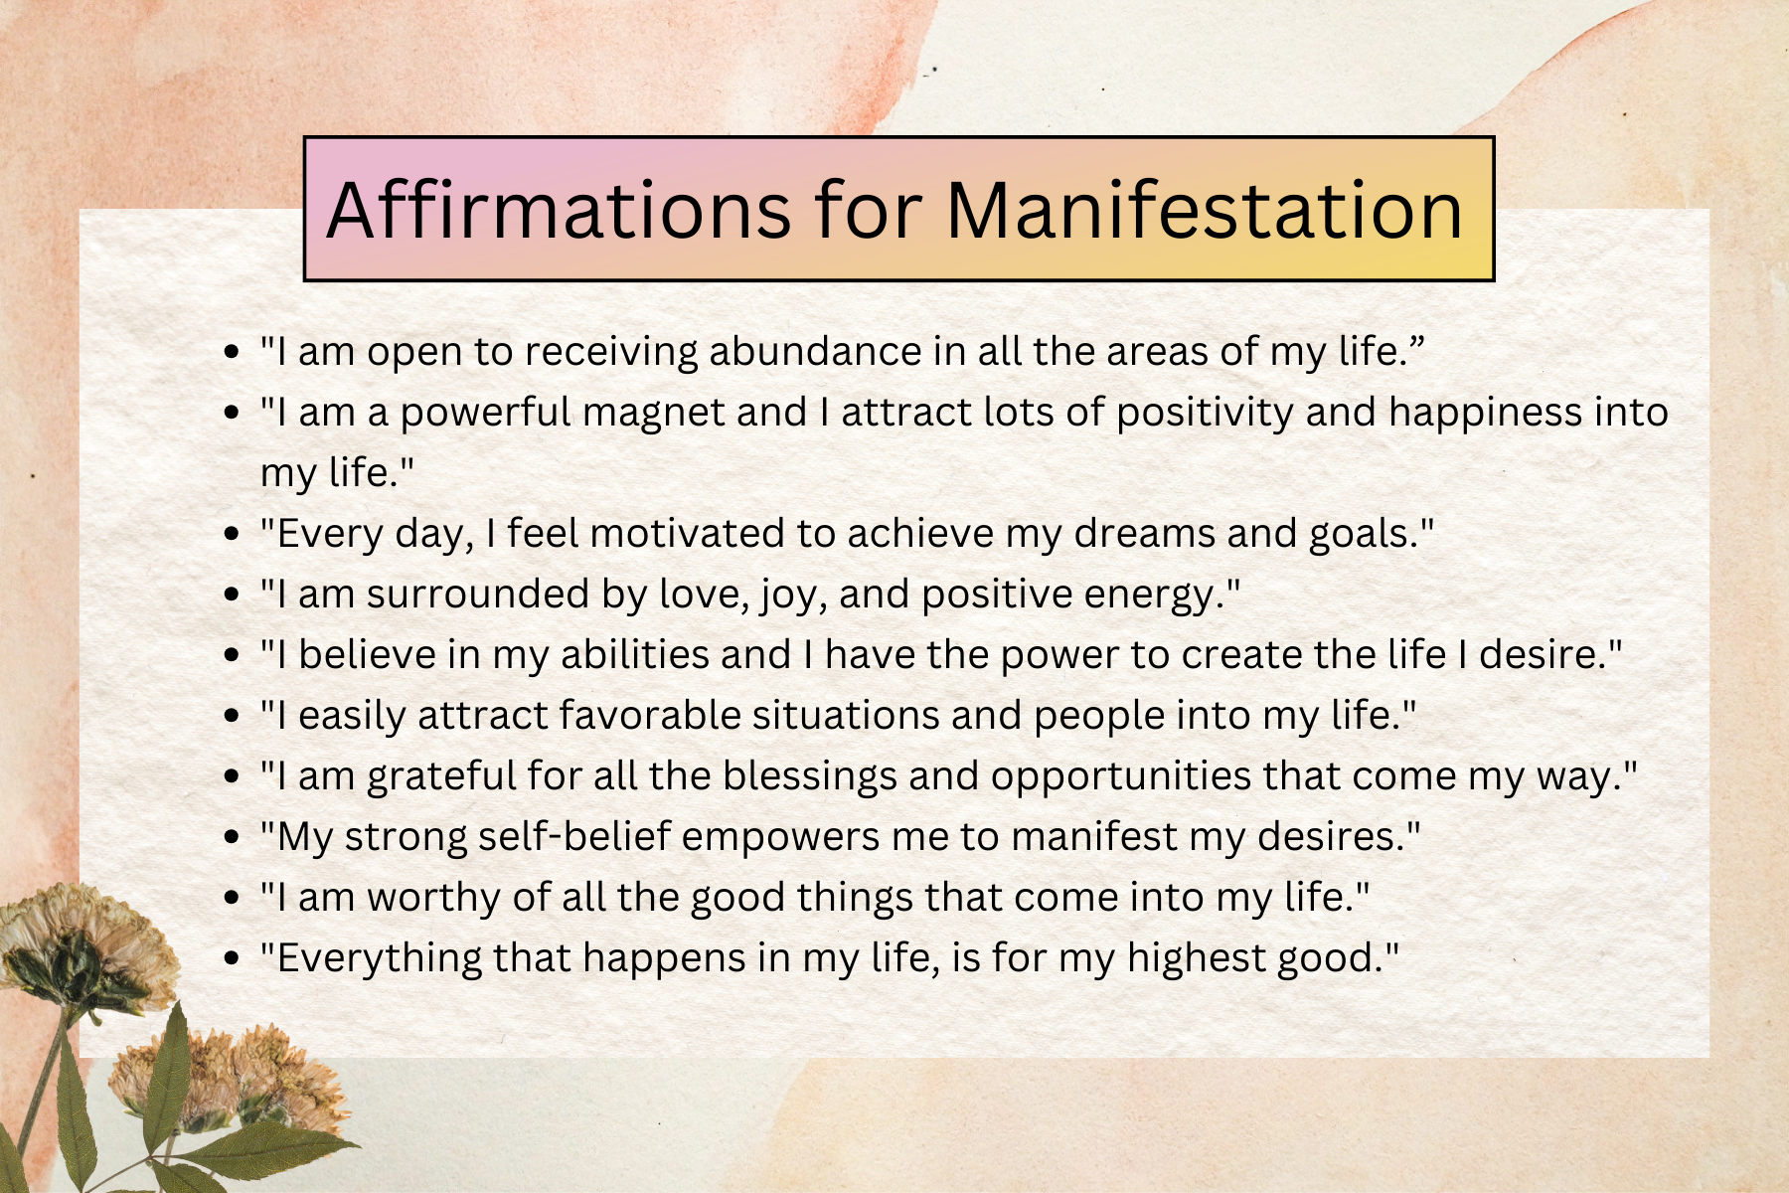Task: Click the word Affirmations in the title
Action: pyautogui.click(x=559, y=210)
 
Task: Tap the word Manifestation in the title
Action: pyautogui.click(x=1205, y=210)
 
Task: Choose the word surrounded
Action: pyautogui.click(x=478, y=595)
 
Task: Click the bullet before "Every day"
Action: pyautogui.click(x=233, y=535)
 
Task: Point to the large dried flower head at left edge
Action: pyautogui.click(x=80, y=944)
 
